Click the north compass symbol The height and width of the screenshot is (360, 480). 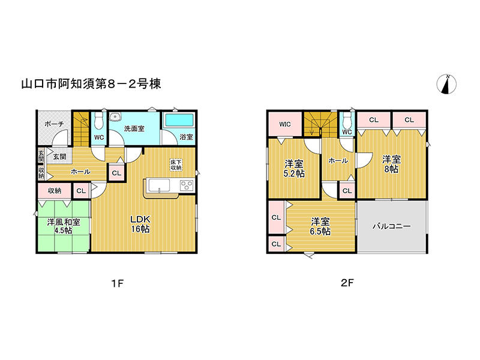click(x=446, y=84)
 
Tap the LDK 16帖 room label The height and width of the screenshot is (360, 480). click(x=140, y=224)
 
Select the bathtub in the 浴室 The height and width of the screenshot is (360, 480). click(x=179, y=120)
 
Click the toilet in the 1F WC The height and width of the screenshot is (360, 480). click(x=98, y=121)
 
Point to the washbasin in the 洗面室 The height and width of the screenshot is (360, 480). click(x=115, y=116)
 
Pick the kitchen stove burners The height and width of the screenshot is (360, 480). click(x=187, y=185)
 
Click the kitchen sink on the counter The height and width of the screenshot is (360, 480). click(x=159, y=185)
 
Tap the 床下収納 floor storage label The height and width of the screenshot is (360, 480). click(x=176, y=164)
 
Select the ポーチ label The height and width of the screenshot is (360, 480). click(x=54, y=124)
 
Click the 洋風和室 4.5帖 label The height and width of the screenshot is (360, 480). click(x=64, y=226)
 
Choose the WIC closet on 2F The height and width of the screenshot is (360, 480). click(x=285, y=124)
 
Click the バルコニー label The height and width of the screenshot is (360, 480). click(x=392, y=226)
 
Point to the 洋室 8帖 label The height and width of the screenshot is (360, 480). click(x=392, y=164)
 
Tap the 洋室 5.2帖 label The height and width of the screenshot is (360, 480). click(x=294, y=169)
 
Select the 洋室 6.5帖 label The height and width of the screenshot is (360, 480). click(x=320, y=226)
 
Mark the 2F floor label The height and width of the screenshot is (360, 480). click(x=347, y=283)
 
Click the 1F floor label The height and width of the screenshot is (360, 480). click(x=118, y=283)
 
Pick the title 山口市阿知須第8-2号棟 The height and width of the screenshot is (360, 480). click(x=91, y=83)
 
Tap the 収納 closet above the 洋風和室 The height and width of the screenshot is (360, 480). click(x=55, y=191)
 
